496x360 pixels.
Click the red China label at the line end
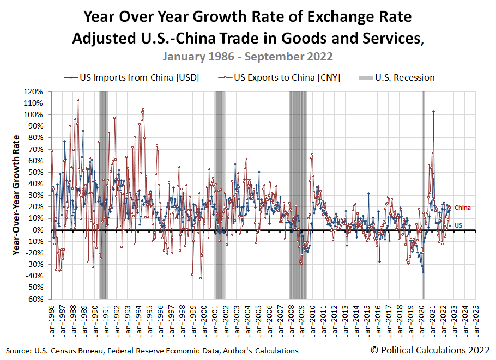tap(462, 208)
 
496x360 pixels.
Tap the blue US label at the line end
tap(458, 225)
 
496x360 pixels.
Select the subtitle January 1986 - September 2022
tap(247, 57)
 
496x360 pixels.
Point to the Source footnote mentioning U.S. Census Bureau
tap(152, 351)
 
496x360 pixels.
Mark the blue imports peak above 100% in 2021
tap(433, 111)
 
